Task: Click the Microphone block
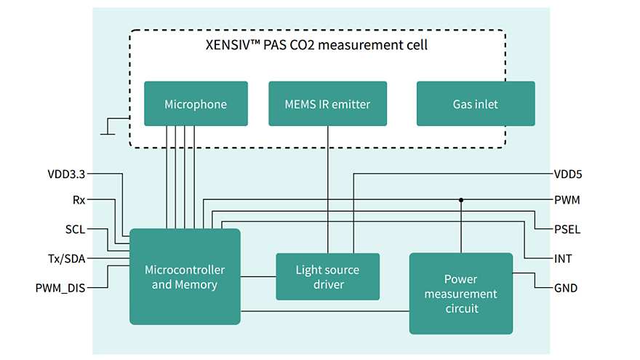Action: (196, 104)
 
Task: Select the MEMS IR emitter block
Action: (328, 104)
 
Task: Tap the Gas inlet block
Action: (475, 104)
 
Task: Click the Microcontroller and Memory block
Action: (184, 276)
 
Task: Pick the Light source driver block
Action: (327, 276)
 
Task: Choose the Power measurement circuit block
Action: (460, 293)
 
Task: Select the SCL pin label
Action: (75, 230)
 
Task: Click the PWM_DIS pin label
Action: (60, 288)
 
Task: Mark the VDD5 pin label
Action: (567, 175)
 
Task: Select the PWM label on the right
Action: (567, 199)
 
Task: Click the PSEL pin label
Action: (567, 230)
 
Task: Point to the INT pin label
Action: (562, 259)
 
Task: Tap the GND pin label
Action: (565, 288)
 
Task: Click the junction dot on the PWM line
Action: (461, 199)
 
